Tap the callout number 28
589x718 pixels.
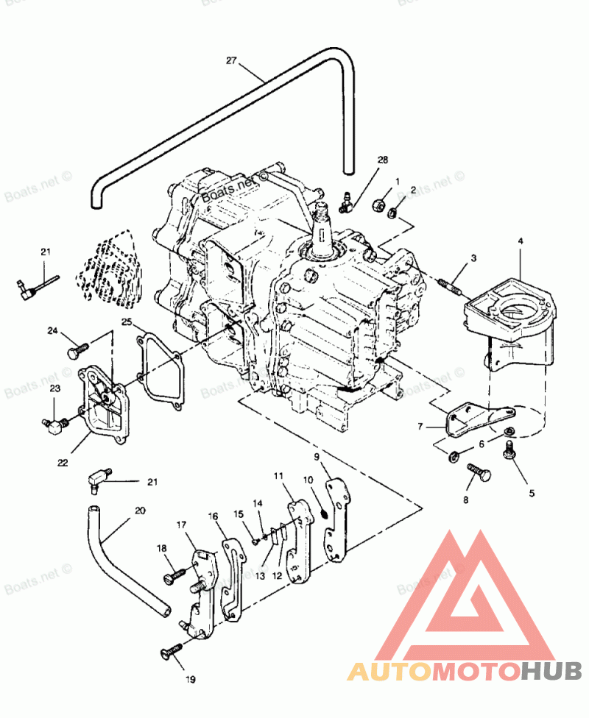pyautogui.click(x=382, y=160)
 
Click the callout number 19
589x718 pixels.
pyautogui.click(x=191, y=680)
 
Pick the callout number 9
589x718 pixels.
pyautogui.click(x=317, y=457)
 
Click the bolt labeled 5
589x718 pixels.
pyautogui.click(x=508, y=452)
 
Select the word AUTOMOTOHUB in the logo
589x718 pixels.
pyautogui.click(x=464, y=671)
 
